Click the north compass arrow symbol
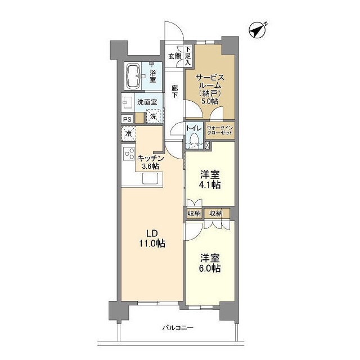[258, 30]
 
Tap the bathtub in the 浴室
[133, 76]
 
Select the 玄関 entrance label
[175, 56]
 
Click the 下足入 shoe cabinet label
[188, 56]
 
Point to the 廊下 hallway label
[175, 91]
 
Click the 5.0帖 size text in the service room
[210, 101]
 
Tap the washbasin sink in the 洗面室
[128, 102]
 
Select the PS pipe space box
[128, 119]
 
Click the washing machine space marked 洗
[154, 116]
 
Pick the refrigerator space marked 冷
[129, 133]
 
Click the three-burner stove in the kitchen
[129, 154]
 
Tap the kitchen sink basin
[150, 178]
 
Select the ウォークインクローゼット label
[220, 130]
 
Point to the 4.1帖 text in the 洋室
[210, 184]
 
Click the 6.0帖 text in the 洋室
[210, 268]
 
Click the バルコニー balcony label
[178, 327]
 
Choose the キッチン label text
[150, 159]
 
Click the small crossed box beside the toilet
[208, 145]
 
